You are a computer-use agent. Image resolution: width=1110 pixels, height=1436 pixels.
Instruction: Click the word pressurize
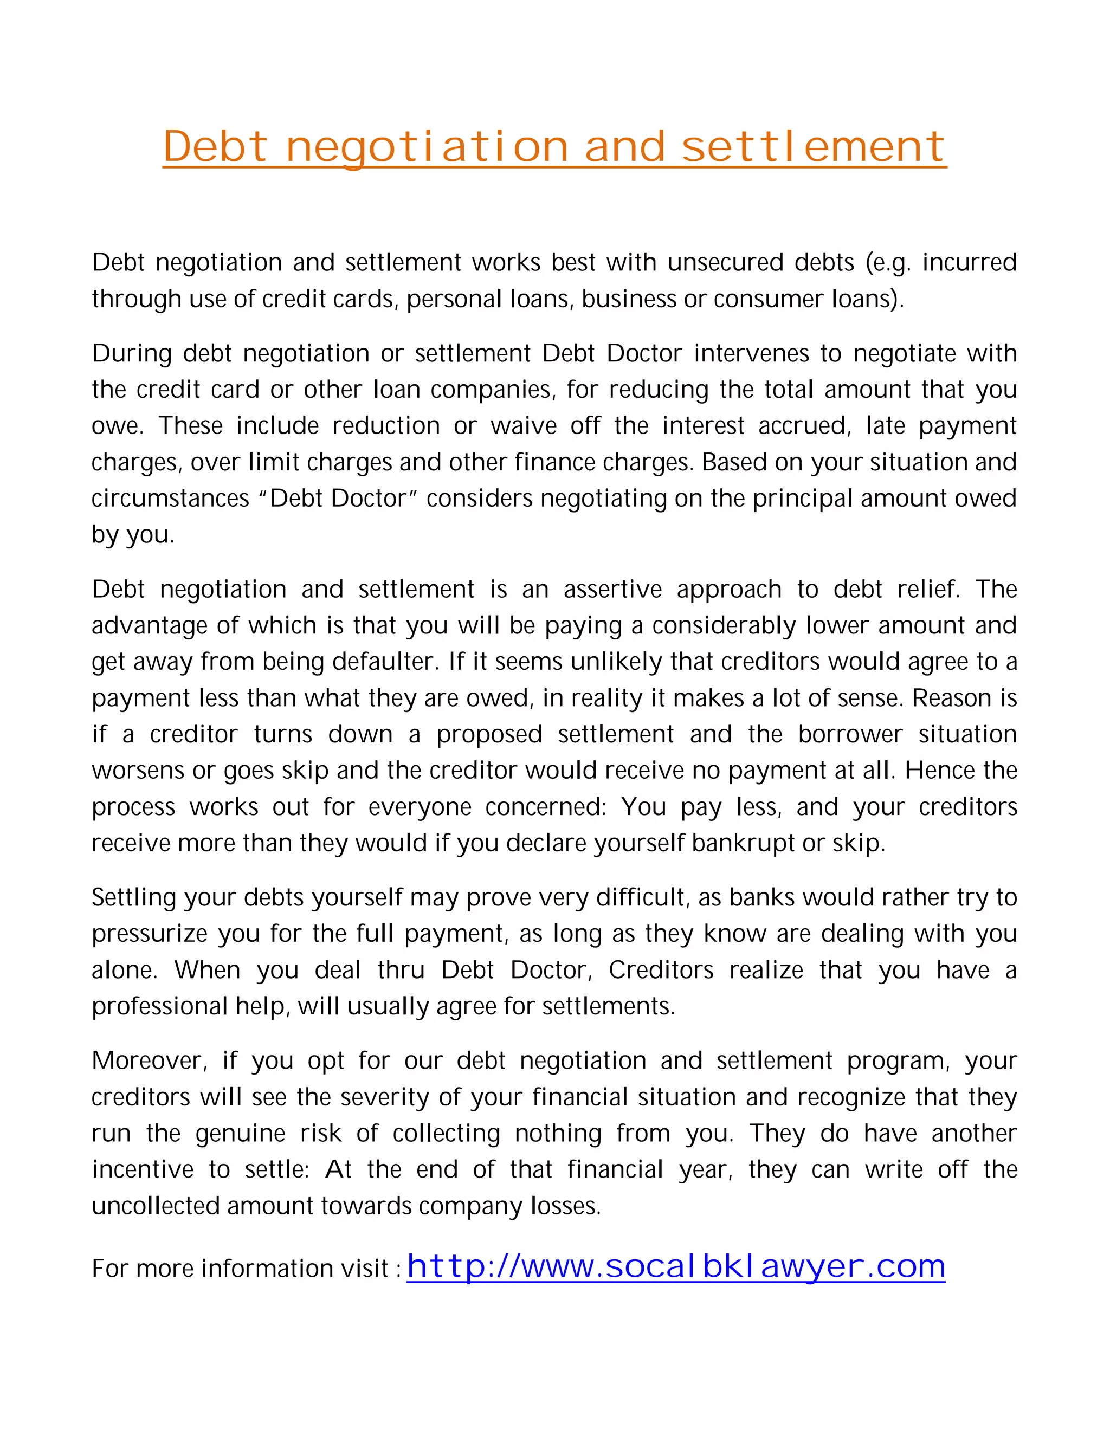[150, 934]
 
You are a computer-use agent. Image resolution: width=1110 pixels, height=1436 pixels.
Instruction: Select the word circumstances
[170, 499]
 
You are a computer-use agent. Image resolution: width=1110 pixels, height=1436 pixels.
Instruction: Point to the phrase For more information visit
[241, 1269]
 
